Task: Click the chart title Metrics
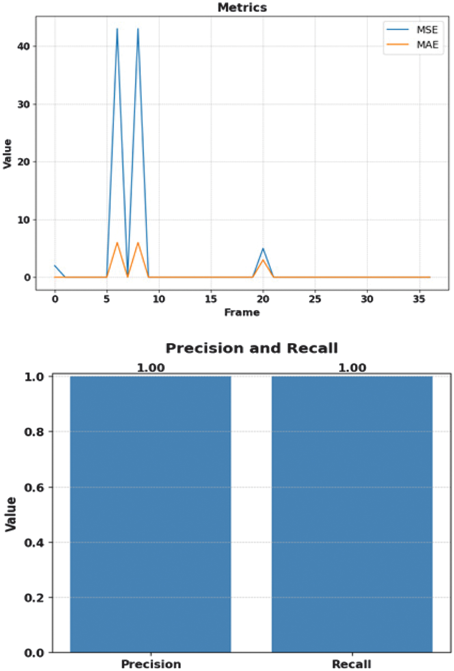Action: coord(242,7)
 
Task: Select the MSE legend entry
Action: coord(426,30)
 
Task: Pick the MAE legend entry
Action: coord(427,44)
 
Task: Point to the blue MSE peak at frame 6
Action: coord(117,29)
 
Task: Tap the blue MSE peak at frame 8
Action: coord(138,29)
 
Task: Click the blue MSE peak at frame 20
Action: coord(263,249)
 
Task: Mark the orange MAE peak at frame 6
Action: coord(117,243)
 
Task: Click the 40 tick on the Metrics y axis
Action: coord(24,46)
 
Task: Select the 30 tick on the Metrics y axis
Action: coord(24,104)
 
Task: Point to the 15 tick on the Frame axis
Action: coord(211,299)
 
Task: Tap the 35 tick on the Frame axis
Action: coord(419,299)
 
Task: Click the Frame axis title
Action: coord(242,312)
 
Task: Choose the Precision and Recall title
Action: coord(251,348)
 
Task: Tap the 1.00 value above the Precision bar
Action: coord(151,368)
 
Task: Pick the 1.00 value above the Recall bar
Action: coord(352,368)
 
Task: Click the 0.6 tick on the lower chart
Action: coord(35,487)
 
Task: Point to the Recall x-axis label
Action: coord(352,664)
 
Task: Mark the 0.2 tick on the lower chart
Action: coord(35,597)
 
